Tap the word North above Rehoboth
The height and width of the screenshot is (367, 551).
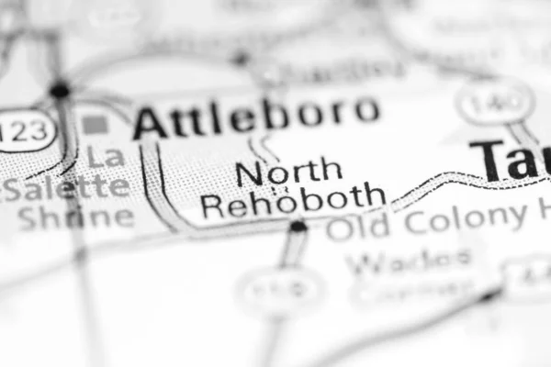[x=288, y=172]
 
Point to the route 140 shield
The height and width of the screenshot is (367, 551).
[x=495, y=101]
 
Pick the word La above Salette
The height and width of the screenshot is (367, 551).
[x=107, y=157]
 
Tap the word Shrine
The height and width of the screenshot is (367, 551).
[x=75, y=217]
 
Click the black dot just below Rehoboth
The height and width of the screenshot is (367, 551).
[x=298, y=226]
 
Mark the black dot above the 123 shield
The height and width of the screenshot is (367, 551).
[x=61, y=90]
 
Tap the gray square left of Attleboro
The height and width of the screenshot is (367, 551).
[x=94, y=123]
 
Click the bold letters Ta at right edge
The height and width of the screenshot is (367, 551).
[x=511, y=161]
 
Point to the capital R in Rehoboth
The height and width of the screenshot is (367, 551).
[x=213, y=204]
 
